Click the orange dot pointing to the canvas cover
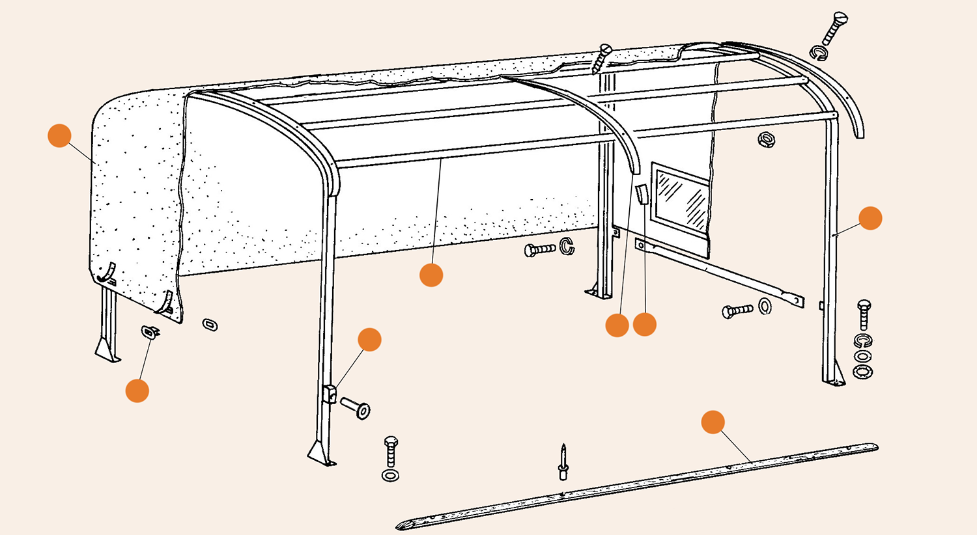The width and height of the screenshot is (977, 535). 59,135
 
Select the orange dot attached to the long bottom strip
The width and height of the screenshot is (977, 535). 713,422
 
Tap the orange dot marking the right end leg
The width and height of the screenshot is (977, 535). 870,218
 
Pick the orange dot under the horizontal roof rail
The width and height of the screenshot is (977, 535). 431,275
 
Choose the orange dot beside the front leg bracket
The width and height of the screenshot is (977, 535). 369,339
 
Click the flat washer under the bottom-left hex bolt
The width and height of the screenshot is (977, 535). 391,476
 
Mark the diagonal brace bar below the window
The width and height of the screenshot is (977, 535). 720,271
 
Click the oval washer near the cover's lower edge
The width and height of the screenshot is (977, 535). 210,323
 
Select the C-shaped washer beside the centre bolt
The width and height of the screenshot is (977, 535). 567,247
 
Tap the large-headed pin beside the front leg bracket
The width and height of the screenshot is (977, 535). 356,408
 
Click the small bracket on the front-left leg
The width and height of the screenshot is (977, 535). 330,393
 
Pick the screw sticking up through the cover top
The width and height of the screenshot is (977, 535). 601,58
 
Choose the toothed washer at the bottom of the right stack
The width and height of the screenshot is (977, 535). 864,372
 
